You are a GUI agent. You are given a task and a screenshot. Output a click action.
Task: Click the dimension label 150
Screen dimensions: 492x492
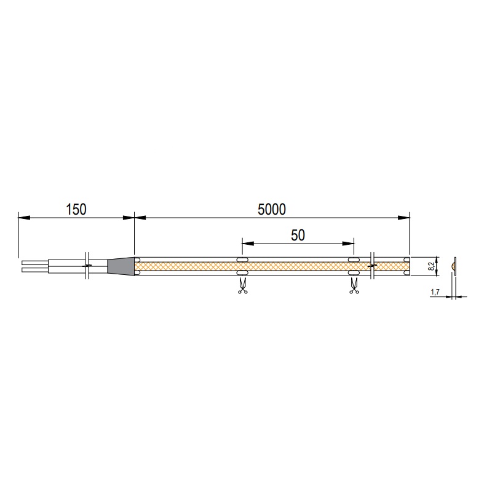pos(76,209)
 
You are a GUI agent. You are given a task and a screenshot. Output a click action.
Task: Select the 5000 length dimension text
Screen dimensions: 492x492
pos(272,209)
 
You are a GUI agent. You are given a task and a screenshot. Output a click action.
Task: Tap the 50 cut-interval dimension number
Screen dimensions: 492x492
pos(298,235)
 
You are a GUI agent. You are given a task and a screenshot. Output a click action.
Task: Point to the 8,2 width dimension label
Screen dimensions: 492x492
pos(432,267)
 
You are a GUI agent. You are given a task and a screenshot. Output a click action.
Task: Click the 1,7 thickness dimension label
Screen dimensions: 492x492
pos(435,292)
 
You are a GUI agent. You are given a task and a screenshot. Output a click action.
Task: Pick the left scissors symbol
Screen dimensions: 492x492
pos(242,286)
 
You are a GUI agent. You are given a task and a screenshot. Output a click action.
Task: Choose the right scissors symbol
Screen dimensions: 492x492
pos(354,286)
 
